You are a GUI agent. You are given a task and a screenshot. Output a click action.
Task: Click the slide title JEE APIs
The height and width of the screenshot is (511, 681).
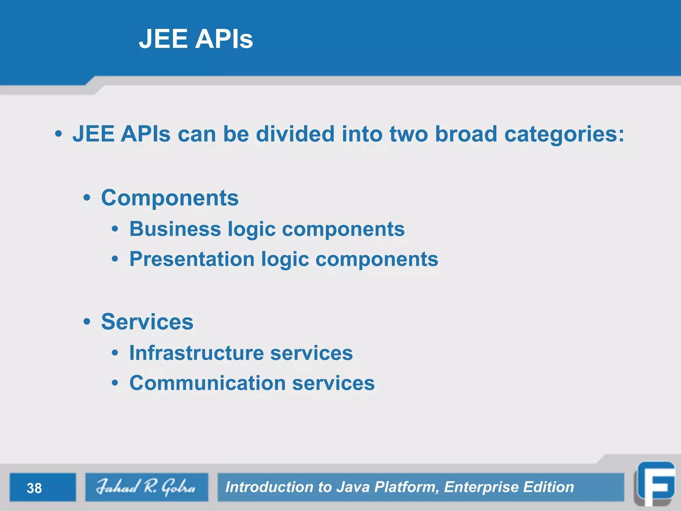(196, 39)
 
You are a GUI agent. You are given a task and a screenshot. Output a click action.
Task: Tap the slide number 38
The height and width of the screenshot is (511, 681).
(34, 488)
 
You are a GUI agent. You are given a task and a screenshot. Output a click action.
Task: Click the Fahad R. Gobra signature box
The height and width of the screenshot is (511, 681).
(146, 487)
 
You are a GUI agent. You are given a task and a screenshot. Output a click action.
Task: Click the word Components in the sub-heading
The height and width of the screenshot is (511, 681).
(170, 198)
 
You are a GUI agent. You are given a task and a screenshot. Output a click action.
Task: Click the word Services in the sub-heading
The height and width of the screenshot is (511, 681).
(147, 322)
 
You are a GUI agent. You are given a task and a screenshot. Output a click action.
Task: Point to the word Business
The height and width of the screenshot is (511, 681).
(175, 229)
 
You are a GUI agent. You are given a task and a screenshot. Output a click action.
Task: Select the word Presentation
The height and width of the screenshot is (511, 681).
(192, 259)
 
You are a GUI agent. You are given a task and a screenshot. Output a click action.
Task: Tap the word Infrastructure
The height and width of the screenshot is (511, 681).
(196, 353)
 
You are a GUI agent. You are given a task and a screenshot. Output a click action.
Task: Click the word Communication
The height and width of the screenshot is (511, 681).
(207, 383)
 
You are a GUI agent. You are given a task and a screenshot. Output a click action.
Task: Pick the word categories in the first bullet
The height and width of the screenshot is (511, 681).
(564, 134)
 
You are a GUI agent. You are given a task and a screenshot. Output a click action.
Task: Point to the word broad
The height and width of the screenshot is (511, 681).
(466, 134)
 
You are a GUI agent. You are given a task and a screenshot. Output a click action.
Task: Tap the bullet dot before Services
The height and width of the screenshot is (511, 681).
(87, 322)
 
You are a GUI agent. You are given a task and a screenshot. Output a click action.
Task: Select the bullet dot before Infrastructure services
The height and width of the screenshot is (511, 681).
(115, 353)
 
